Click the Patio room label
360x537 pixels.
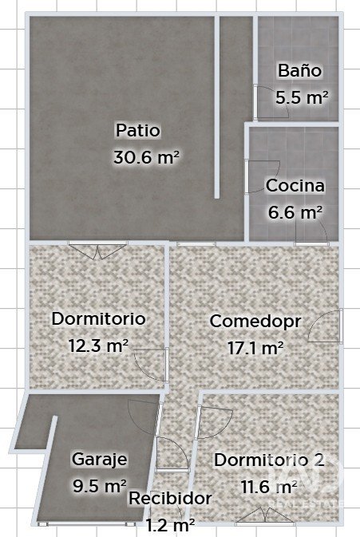[138, 131]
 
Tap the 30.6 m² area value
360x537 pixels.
[146, 157]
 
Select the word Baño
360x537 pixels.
[299, 70]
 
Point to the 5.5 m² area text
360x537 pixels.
[302, 97]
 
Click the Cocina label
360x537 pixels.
[295, 186]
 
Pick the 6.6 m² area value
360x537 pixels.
[295, 212]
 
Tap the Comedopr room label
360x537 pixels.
[255, 322]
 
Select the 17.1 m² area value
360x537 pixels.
[255, 349]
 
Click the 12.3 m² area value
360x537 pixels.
[99, 345]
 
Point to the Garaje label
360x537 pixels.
[99, 460]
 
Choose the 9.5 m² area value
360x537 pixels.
[100, 485]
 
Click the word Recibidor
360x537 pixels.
[170, 498]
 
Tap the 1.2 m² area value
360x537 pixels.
[171, 524]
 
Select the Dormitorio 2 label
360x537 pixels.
[269, 460]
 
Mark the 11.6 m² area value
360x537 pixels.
[269, 486]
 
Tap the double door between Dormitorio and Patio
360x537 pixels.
[98, 249]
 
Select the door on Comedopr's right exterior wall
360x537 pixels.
[325, 326]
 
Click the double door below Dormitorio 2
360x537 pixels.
[266, 516]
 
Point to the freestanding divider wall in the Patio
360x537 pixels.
[217, 107]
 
